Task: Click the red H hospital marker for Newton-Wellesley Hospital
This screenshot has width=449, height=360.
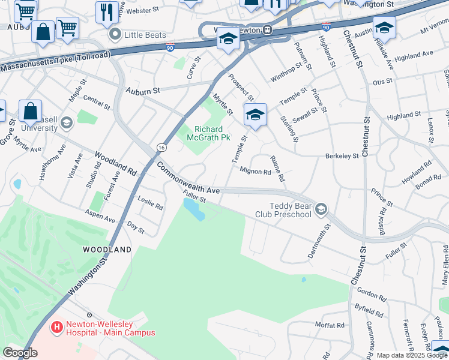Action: (x=57, y=328)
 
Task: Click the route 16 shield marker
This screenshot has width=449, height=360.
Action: (x=162, y=147)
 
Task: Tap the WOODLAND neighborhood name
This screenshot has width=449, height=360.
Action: (x=107, y=249)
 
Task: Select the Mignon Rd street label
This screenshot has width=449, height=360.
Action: (x=256, y=172)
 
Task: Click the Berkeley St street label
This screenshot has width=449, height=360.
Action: (x=342, y=155)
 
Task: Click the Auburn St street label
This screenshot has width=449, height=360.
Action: (x=143, y=91)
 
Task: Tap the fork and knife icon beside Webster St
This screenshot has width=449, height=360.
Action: (x=107, y=11)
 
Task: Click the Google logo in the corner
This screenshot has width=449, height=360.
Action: (x=20, y=353)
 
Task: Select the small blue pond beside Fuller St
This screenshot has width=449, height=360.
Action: (x=193, y=209)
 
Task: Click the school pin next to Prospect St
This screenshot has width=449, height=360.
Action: (x=255, y=115)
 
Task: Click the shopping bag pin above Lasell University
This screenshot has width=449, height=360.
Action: (x=30, y=111)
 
